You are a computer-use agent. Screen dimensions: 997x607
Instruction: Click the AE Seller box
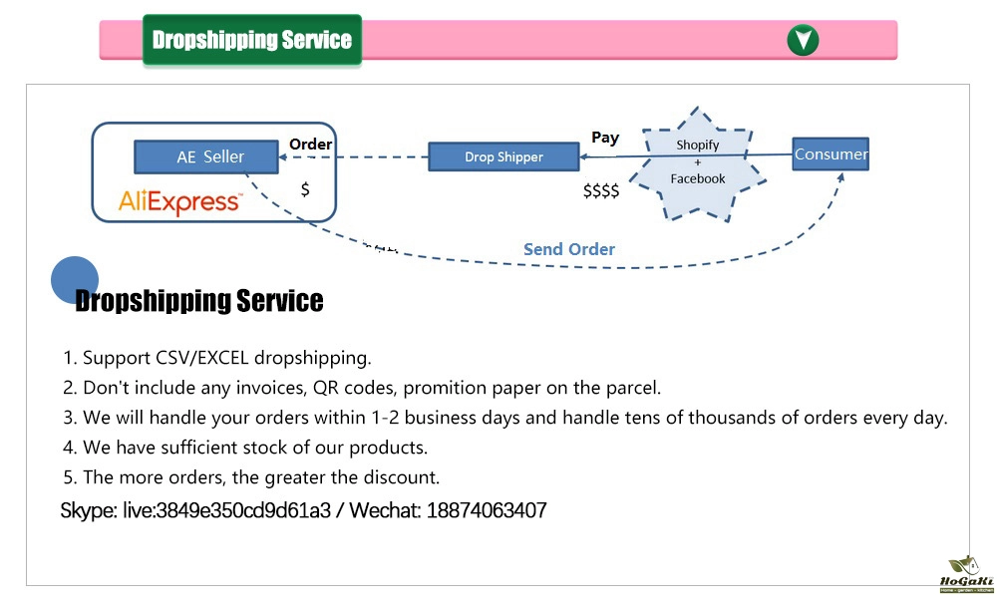pos(206,156)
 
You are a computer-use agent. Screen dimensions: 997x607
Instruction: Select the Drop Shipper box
pos(503,156)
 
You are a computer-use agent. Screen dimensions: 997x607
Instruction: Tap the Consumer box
pos(831,153)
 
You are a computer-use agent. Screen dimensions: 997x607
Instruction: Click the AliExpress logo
pos(180,201)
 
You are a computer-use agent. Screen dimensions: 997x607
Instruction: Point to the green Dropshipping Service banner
pos(252,40)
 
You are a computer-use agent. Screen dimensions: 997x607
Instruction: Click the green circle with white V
pos(803,40)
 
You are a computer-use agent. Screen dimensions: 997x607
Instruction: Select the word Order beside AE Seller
pos(310,145)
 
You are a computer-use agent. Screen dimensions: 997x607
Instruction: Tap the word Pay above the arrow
pos(605,138)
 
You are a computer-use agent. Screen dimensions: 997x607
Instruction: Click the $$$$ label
pos(601,190)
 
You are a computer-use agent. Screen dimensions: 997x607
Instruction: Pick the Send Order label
pos(569,249)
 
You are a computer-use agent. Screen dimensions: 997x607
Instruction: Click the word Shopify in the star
pos(698,145)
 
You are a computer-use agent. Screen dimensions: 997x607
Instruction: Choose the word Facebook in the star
pos(698,178)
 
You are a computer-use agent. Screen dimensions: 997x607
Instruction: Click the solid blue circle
pos(75,280)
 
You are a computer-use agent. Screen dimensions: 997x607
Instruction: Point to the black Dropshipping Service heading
pos(199,301)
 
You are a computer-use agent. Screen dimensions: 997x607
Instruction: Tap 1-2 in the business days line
pos(385,418)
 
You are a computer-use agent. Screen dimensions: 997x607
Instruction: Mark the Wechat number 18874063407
pos(487,510)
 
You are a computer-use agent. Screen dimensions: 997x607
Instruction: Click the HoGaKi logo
pos(966,574)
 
